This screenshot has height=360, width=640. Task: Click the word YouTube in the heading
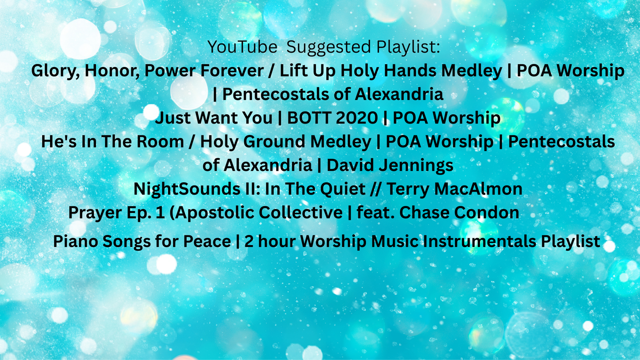point(242,46)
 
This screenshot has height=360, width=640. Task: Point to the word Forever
point(232,70)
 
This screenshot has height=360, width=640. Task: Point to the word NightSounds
point(190,189)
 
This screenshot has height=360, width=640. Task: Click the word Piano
point(75,241)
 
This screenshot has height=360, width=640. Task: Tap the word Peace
point(207,241)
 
